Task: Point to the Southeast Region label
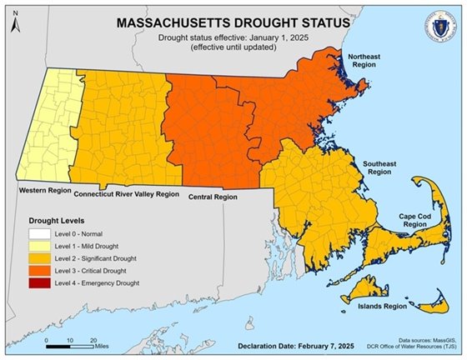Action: click(379, 168)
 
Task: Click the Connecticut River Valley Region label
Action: click(127, 193)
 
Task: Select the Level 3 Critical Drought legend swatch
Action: click(31, 272)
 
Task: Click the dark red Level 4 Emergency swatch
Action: click(31, 283)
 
